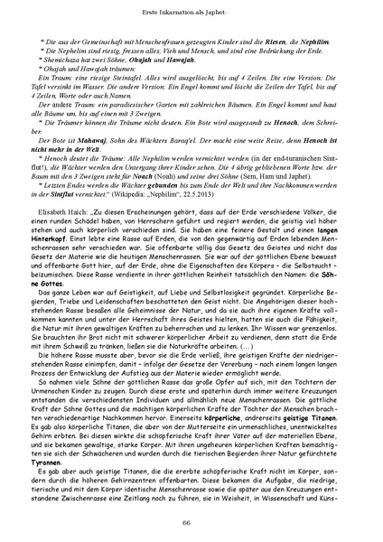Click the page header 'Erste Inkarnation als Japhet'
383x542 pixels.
coord(191,10)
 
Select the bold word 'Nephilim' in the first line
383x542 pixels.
coord(281,42)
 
